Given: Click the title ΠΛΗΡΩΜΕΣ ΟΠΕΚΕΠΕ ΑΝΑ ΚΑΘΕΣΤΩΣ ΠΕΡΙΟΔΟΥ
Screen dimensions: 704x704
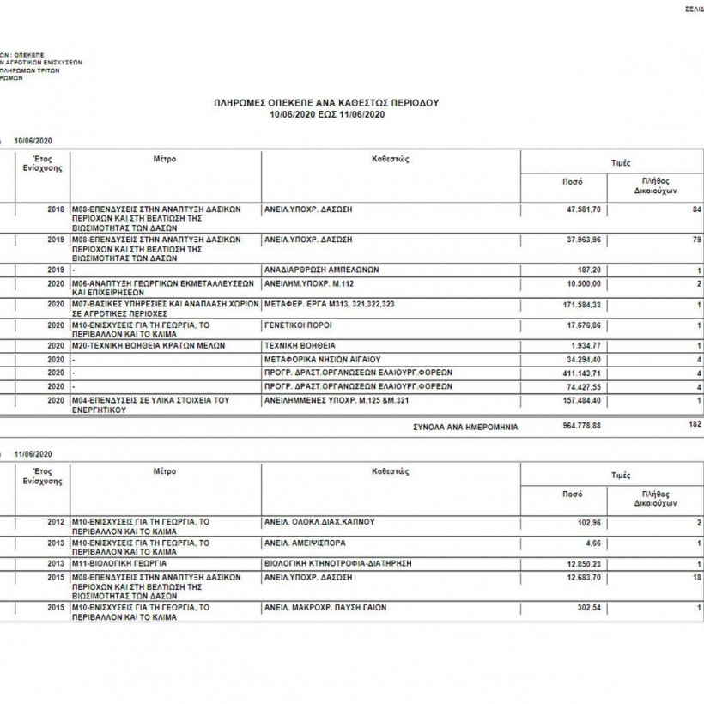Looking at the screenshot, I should point(325,102).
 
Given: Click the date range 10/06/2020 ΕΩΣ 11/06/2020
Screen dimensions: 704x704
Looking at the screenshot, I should point(325,113).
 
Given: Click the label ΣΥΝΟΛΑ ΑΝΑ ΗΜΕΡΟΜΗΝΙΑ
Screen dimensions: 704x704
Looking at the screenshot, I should point(465,426).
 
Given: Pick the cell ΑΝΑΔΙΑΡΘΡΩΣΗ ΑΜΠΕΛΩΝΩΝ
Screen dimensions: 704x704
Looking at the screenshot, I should point(322,270).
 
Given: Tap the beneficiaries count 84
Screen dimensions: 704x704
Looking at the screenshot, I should point(696,209).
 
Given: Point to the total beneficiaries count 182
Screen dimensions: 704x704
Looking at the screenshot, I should point(695,424).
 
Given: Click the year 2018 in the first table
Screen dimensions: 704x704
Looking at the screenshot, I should point(56,209).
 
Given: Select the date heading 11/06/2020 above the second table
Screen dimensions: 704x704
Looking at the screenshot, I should point(34,452).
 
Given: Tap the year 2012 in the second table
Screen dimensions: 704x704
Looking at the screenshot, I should point(56,522).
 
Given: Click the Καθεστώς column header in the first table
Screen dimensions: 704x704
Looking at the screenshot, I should point(390,159).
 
